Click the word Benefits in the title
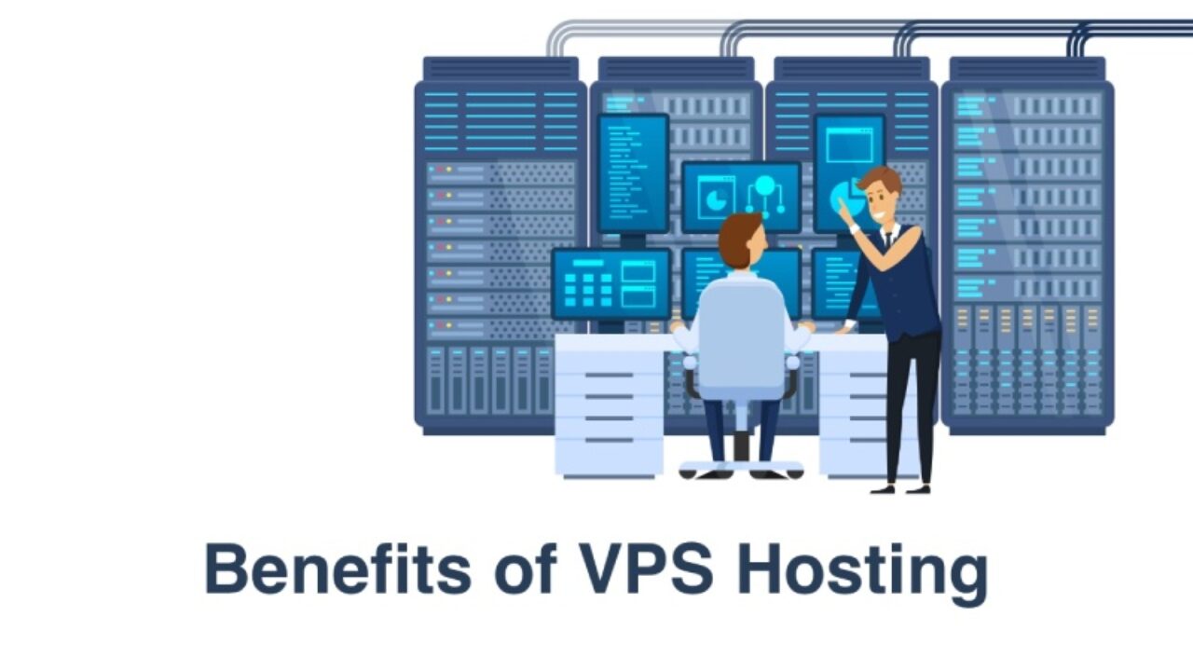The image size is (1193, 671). pos(337,568)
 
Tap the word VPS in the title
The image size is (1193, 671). pos(646,568)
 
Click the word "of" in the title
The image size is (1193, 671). pos(525,568)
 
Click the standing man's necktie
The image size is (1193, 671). pos(888,240)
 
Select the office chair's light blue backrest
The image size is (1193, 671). pos(741,335)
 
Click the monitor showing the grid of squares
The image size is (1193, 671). pos(611,284)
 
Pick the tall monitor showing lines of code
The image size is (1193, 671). pos(633,173)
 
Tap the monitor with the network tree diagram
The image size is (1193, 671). pos(741,197)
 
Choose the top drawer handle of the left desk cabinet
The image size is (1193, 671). pos(610,375)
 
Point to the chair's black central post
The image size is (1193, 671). pos(741,446)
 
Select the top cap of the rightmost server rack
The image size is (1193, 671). pos(1028,68)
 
